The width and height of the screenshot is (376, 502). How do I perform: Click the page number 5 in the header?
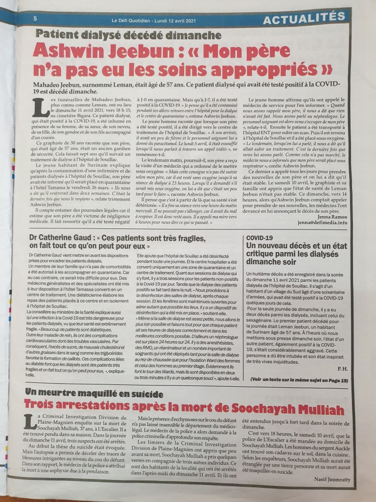click(36, 18)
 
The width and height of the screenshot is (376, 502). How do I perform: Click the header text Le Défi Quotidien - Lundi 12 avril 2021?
click(156, 20)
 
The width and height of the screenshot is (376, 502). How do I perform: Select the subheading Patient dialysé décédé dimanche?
click(129, 35)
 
